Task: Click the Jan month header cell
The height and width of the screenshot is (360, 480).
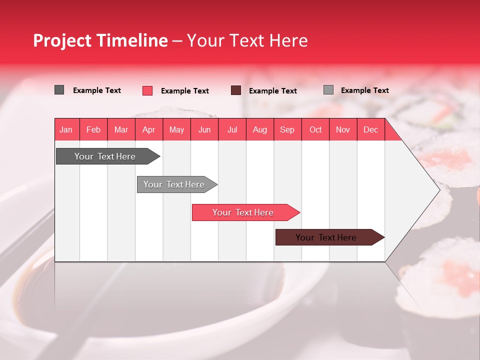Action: [66, 129]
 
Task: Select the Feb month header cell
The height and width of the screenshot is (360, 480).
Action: [93, 129]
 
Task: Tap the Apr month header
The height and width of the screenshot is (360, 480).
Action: [149, 129]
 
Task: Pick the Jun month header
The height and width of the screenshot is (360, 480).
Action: [204, 129]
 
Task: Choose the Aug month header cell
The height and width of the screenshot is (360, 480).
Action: [260, 129]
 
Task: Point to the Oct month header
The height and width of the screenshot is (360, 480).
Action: [315, 129]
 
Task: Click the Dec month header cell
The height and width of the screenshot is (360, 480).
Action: [371, 129]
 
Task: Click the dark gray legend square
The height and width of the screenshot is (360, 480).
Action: [59, 90]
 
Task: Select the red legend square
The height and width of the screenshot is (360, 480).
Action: [147, 90]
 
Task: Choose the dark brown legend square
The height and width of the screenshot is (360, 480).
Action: [236, 90]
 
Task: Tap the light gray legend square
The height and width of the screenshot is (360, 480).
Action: [328, 90]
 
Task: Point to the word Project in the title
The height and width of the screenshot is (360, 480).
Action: [62, 40]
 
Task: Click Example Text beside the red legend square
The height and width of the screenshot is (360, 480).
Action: [185, 91]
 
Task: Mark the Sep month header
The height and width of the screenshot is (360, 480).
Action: [287, 129]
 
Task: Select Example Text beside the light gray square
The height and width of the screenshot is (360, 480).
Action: [365, 90]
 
